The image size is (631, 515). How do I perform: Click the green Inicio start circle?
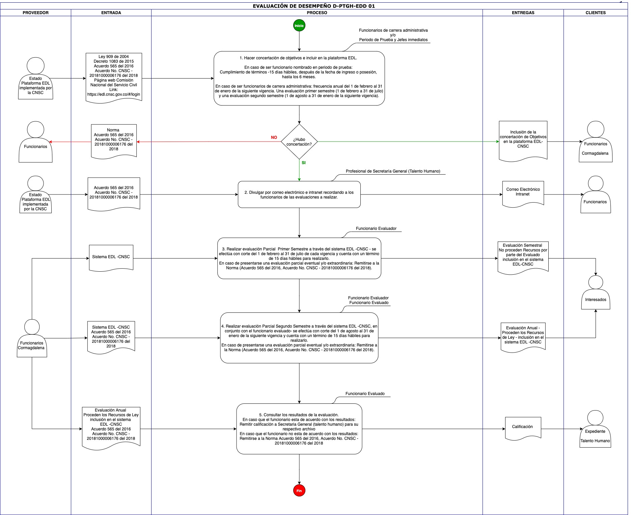point(299,26)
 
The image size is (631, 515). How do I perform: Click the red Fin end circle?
point(299,491)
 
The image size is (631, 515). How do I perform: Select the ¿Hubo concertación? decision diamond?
point(299,142)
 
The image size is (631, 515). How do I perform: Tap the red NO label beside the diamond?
point(274,138)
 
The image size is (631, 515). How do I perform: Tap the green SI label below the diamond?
point(304,163)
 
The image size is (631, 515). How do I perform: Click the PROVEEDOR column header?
point(35,13)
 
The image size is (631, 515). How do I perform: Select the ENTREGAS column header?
point(523,13)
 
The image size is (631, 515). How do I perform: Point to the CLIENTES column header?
point(596,13)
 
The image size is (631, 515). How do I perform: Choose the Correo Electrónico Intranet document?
point(523,194)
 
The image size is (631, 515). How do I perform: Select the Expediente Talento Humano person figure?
point(595,429)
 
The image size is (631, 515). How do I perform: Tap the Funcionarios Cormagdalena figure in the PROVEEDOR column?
point(32,338)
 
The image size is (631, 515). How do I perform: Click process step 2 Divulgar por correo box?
point(299,194)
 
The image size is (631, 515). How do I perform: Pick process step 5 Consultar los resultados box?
point(299,429)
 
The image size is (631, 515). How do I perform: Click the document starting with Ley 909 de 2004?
point(114,78)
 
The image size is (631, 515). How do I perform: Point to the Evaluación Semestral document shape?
point(523,256)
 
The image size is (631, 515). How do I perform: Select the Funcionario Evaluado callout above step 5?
point(365,394)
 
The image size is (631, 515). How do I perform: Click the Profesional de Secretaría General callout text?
point(393,171)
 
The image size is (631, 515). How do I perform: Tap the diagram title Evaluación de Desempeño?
point(314,6)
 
